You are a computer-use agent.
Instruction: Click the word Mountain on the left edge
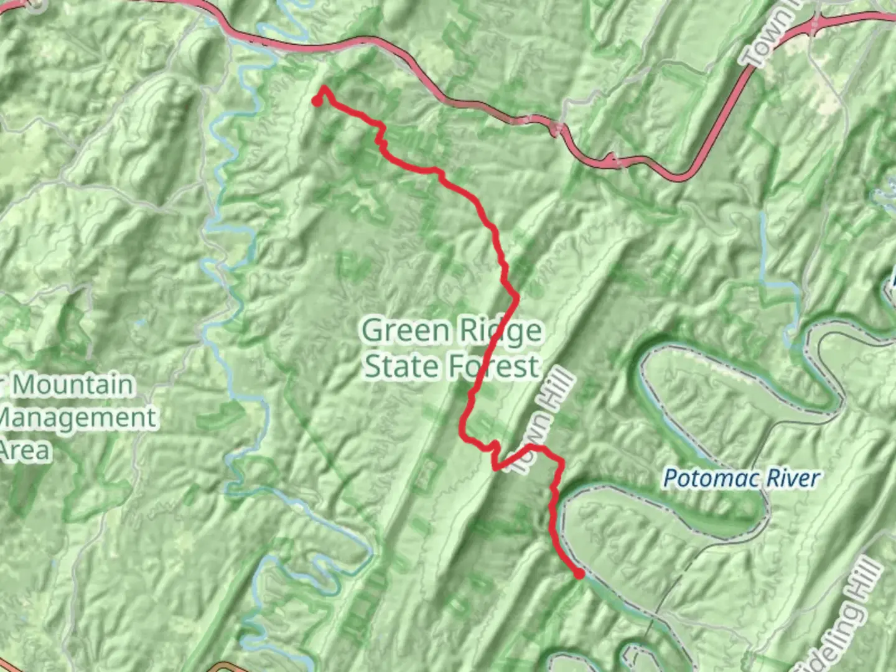tap(72, 385)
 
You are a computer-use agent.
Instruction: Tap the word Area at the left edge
tap(25, 450)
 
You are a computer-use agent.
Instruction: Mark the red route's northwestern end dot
tap(317, 101)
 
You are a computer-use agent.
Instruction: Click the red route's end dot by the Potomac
tap(579, 574)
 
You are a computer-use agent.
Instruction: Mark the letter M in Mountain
tap(25, 385)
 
